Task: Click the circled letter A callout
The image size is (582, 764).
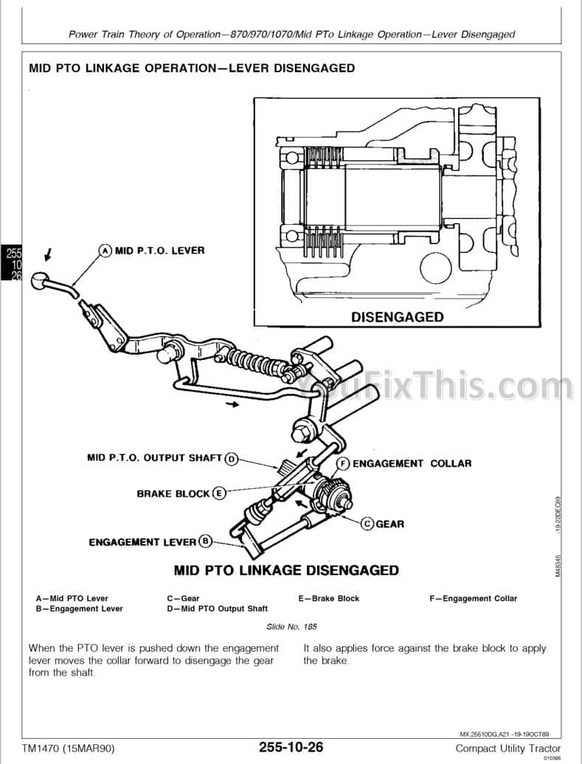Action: pos(105,251)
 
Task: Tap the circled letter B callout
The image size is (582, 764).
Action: pos(206,541)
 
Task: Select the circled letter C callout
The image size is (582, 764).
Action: pos(367,524)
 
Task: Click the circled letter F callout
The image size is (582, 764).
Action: pos(343,463)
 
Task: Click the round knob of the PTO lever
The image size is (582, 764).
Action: pos(46,281)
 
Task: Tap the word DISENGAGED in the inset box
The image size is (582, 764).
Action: pos(398,317)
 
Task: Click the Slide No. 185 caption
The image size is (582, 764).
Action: pos(291,627)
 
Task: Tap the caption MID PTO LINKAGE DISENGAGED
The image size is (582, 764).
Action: pos(286,570)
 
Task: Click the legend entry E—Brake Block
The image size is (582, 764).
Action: pos(328,598)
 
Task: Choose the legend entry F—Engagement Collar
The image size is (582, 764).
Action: pos(473,598)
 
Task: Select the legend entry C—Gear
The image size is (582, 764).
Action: pos(183,598)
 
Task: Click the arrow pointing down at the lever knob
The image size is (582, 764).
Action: pos(47,255)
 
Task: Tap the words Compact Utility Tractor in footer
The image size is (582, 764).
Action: pos(507,748)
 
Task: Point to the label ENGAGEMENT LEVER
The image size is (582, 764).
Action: pos(142,542)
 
